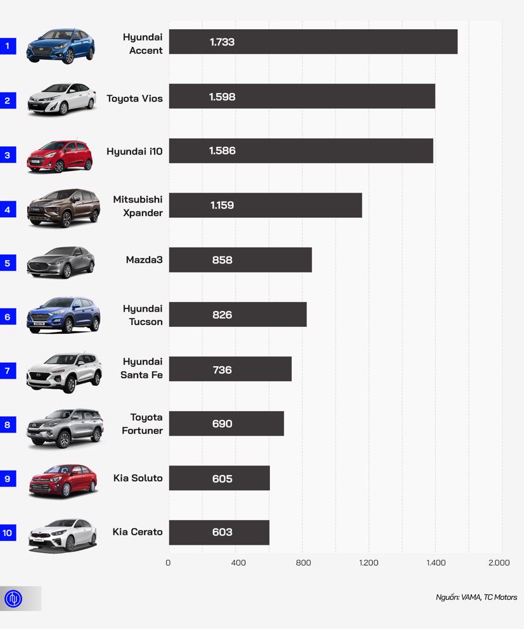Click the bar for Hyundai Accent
pos(313,42)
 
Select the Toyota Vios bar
pos(302,96)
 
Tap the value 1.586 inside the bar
pos(222,151)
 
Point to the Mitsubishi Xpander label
pos(137,206)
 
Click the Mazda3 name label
pos(144,259)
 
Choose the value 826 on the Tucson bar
pos(222,315)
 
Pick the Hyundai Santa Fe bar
pos(230,369)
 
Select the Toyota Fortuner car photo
pos(65,428)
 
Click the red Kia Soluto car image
pos(63,481)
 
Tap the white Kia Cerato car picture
pos(63,535)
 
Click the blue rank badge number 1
pos(8,46)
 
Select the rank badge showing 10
pos(8,533)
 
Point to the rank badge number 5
pos(8,263)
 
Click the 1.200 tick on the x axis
pos(369,562)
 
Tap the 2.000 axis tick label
pos(499,562)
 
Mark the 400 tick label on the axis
pos(238,562)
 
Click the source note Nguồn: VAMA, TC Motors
pos(476,597)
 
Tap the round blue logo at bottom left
pos(13,599)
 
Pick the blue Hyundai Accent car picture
pos(61,46)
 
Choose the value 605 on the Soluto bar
pos(222,478)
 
